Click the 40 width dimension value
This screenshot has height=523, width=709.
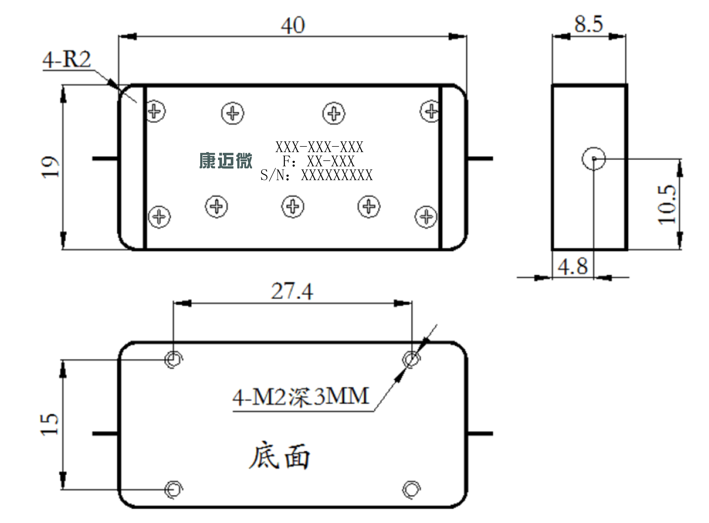click(x=293, y=25)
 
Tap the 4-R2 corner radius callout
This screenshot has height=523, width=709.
click(x=67, y=59)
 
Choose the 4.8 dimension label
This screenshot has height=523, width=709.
click(x=573, y=266)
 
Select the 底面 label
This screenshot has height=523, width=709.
click(x=279, y=456)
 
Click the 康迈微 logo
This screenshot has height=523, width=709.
click(x=226, y=161)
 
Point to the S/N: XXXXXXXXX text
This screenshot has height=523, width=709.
click(x=317, y=175)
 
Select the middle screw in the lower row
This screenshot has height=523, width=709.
click(x=293, y=206)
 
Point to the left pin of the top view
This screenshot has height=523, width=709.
click(x=105, y=158)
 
